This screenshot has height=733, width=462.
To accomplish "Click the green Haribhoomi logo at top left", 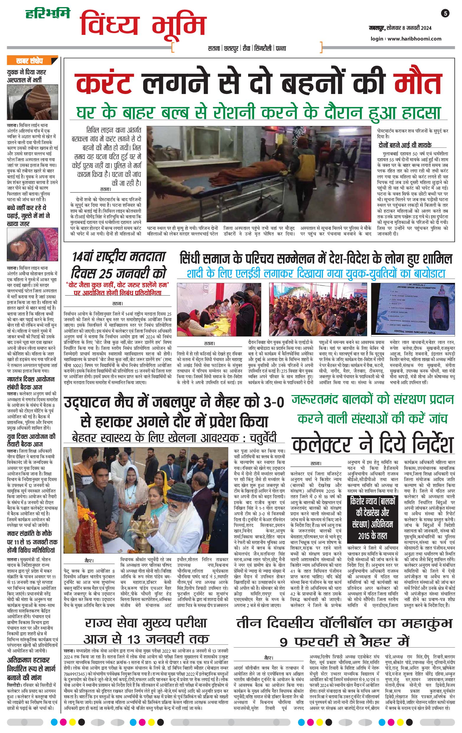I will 48,13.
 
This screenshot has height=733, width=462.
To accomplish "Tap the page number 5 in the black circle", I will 445,13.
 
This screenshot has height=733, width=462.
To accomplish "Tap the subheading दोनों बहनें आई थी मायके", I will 404,145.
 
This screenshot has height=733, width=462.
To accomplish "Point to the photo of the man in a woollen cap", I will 32,103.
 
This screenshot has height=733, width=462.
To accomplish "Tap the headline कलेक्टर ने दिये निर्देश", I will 372,445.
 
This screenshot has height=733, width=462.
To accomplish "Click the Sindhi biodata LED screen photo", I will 413,309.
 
